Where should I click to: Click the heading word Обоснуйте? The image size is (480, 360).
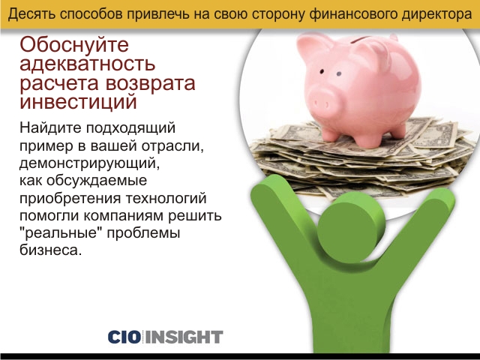[74, 45]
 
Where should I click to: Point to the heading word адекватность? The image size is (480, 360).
[88, 64]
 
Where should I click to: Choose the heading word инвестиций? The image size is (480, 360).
[78, 101]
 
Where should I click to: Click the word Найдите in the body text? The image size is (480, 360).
[50, 127]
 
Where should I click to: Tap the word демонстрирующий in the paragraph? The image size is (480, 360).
[90, 163]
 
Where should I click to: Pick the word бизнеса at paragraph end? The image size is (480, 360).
[51, 250]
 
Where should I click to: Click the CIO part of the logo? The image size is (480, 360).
[124, 337]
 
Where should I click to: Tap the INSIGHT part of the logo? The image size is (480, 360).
[184, 337]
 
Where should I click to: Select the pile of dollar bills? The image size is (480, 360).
[361, 159]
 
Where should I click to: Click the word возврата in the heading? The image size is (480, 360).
[150, 82]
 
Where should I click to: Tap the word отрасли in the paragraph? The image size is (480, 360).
[172, 145]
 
